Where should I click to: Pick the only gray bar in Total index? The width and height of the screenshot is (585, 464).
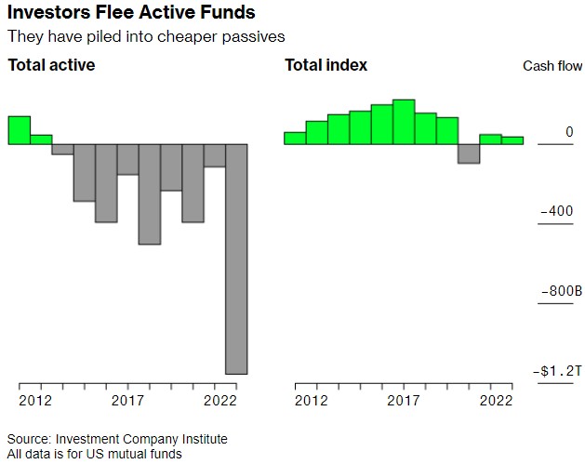469,153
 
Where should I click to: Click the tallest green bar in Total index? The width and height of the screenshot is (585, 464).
403,122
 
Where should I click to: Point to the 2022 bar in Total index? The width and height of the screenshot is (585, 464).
512,140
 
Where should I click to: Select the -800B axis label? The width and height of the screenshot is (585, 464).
561,292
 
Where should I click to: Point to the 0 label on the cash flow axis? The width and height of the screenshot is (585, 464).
569,132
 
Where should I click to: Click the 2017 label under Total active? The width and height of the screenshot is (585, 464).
126,401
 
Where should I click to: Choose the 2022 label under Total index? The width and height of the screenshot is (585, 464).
497,401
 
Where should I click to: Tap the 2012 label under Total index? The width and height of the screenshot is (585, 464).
312,401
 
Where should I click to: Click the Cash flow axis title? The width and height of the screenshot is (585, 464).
552,66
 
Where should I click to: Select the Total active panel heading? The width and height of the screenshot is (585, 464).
51,65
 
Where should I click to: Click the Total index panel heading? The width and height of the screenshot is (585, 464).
326,65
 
